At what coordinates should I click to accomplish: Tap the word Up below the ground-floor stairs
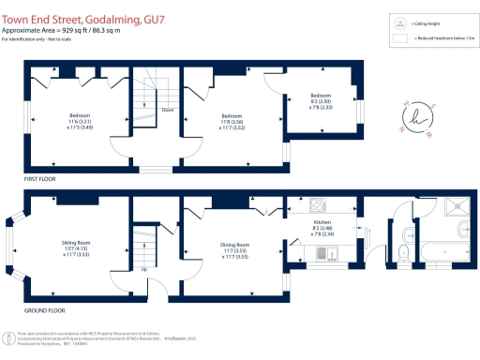[143, 269]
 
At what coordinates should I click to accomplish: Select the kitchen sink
[322, 253]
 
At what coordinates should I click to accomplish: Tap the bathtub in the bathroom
[443, 251]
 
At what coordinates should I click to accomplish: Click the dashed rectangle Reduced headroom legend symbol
[399, 39]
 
